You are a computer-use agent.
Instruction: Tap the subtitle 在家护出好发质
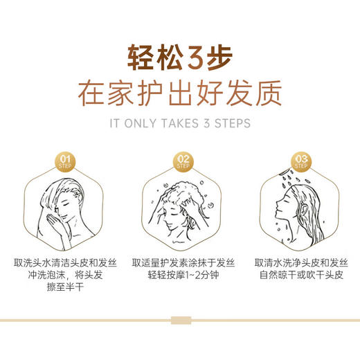[179, 93]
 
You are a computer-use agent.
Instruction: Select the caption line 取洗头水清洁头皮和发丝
[66, 263]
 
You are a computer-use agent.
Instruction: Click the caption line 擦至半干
[66, 287]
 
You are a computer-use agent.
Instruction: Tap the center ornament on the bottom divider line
[179, 321]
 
